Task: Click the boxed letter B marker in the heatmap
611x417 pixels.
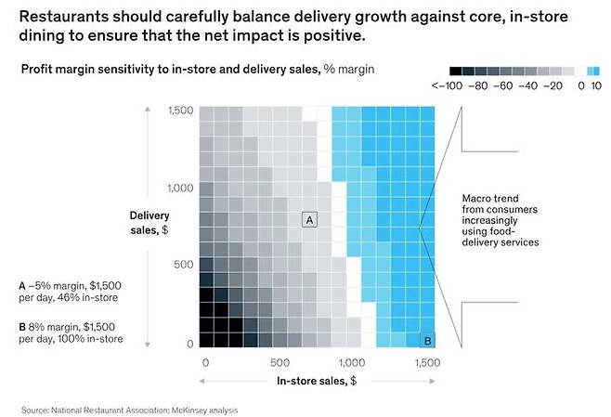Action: pos(427,340)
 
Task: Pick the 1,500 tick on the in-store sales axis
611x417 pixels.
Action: pos(427,363)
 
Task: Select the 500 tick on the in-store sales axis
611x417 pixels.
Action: pos(278,363)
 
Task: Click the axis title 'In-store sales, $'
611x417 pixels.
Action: pos(315,381)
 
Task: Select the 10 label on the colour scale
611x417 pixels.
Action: pos(596,85)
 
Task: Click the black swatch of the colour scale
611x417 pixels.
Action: pos(454,71)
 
